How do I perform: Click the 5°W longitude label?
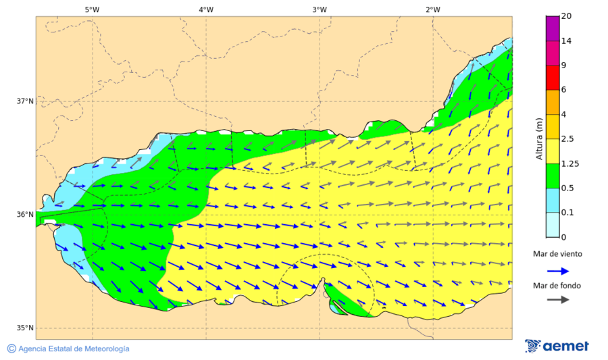92,9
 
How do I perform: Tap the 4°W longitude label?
206,9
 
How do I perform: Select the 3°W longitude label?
320,9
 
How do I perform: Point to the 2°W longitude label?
433,9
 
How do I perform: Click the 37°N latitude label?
25,101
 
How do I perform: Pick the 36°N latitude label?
25,215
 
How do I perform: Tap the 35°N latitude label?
25,328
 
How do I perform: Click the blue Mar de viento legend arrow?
557,269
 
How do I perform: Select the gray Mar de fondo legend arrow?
557,299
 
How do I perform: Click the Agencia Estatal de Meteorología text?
74,349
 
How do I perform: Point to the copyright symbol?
11,349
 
